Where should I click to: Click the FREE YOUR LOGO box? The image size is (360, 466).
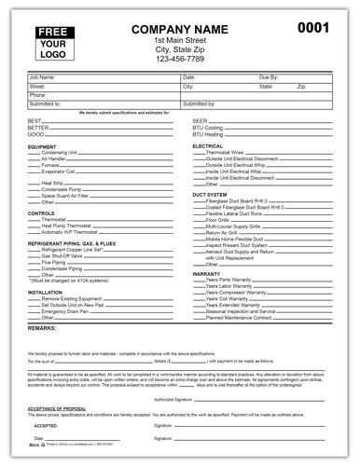57,42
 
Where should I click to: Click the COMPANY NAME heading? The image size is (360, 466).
182,30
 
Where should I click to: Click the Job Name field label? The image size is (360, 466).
44,77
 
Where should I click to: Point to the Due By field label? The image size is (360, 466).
269,77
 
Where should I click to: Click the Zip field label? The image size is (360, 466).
301,86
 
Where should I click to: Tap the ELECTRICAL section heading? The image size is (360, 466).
209,146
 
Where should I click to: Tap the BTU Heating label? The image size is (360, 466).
209,134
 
